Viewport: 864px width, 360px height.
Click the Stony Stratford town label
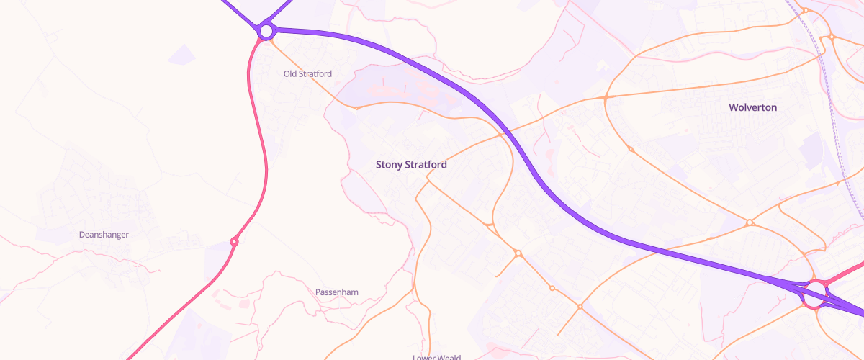click(x=411, y=165)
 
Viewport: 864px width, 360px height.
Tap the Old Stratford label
click(x=307, y=73)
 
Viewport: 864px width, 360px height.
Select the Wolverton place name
click(x=752, y=107)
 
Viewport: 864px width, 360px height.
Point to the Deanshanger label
click(x=104, y=235)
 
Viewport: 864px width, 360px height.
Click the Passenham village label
click(x=336, y=292)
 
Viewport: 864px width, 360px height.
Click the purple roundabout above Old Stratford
click(x=266, y=31)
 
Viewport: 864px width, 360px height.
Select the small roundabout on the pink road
click(x=234, y=242)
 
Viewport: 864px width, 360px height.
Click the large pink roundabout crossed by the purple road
click(x=815, y=294)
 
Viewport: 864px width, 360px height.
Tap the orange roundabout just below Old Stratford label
click(x=356, y=108)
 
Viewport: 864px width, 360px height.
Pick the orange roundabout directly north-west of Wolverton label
click(x=606, y=96)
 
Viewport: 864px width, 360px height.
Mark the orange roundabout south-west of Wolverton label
click(x=630, y=149)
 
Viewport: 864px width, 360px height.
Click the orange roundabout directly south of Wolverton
click(x=750, y=222)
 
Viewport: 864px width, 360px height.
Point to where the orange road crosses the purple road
click(x=502, y=134)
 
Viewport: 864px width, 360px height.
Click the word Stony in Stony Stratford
click(x=389, y=165)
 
